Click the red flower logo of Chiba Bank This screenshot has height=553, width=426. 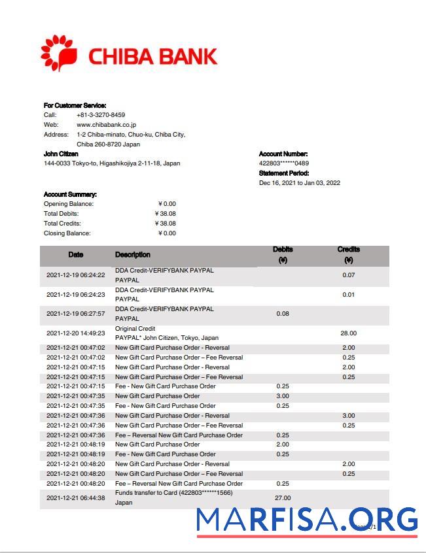[58, 54]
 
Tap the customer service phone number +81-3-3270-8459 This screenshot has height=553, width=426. [101, 114]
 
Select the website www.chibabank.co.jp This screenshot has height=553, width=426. [106, 124]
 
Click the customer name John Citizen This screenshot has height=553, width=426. [61, 154]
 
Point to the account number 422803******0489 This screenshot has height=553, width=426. [284, 163]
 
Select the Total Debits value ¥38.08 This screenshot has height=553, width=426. [166, 214]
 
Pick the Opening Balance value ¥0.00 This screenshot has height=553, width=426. [167, 204]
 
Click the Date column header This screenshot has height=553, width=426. [76, 254]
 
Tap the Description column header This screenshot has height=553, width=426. [133, 254]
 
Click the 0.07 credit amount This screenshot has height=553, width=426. [348, 275]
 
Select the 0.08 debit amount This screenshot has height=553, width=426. [283, 314]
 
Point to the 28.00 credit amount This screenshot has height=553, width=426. [348, 333]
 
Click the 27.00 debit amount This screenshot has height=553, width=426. [283, 498]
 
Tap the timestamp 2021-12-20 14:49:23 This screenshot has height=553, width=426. [76, 333]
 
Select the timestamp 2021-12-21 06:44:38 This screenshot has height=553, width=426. [76, 498]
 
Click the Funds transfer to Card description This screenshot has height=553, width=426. [173, 493]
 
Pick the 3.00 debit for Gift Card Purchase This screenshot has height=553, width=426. [283, 396]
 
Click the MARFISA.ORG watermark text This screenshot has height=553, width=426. [306, 520]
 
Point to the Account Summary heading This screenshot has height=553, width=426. [70, 194]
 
